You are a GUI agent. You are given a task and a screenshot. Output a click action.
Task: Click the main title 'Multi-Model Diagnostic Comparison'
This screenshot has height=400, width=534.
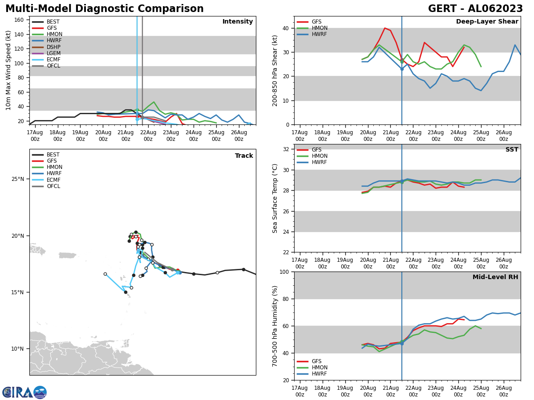pyautogui.click(x=104, y=9)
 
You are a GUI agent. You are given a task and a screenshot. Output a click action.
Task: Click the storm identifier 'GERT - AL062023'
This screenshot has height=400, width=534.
pyautogui.click(x=475, y=9)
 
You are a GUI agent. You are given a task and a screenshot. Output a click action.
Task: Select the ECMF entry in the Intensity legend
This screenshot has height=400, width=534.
pyautogui.click(x=53, y=60)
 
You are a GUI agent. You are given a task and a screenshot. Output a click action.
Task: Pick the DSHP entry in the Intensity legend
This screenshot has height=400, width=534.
pyautogui.click(x=53, y=47)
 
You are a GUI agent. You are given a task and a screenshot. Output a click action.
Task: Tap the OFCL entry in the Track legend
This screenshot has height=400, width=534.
pyautogui.click(x=53, y=186)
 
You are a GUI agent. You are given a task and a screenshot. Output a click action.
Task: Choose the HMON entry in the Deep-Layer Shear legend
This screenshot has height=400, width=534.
pyautogui.click(x=320, y=28)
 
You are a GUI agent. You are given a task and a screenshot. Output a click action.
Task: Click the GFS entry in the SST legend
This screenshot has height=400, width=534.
pyautogui.click(x=316, y=150)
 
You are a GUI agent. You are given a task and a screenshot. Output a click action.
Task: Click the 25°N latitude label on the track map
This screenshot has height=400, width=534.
pyautogui.click(x=18, y=179)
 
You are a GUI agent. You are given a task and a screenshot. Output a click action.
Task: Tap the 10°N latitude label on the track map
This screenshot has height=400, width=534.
pyautogui.click(x=18, y=349)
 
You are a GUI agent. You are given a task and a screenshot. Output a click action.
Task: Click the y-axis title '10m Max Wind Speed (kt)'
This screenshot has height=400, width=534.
pyautogui.click(x=8, y=70)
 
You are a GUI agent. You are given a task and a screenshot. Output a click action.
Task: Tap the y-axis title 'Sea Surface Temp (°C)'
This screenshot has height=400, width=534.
pyautogui.click(x=275, y=198)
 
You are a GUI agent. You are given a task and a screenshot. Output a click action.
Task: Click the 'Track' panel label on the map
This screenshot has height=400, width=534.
pyautogui.click(x=244, y=156)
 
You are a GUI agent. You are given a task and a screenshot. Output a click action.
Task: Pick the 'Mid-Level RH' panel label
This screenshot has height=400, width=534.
pyautogui.click(x=495, y=277)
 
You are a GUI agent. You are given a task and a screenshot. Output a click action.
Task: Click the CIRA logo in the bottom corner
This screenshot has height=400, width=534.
pyautogui.click(x=24, y=392)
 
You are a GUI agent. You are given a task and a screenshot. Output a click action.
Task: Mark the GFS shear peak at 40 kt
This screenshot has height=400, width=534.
pyautogui.click(x=385, y=28)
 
